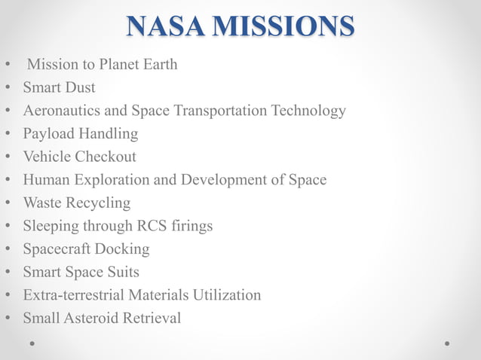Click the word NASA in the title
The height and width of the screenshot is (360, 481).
point(166,26)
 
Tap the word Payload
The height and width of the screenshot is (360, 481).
point(51,134)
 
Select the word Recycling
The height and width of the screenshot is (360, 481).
point(100,203)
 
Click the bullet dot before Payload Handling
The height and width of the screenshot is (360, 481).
point(8,135)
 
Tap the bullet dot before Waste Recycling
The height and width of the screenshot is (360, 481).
point(8,203)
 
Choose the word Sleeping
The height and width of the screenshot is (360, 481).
point(51,226)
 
